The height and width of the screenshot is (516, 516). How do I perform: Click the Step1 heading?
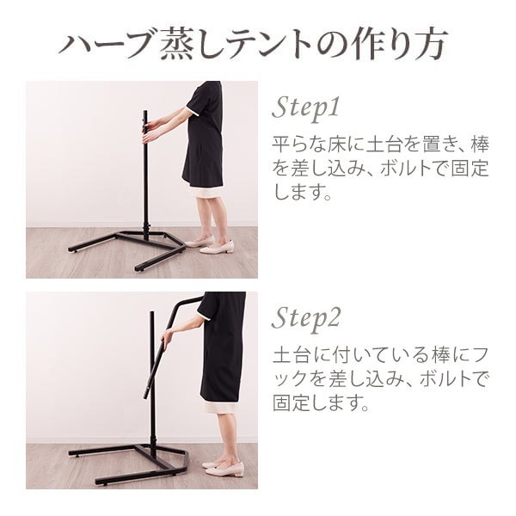(307, 107)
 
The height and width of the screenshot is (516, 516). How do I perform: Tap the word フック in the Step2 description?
(295, 378)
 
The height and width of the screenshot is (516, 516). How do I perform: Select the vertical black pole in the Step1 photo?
(144, 181)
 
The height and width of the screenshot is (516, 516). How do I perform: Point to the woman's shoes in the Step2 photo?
(226, 468)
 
